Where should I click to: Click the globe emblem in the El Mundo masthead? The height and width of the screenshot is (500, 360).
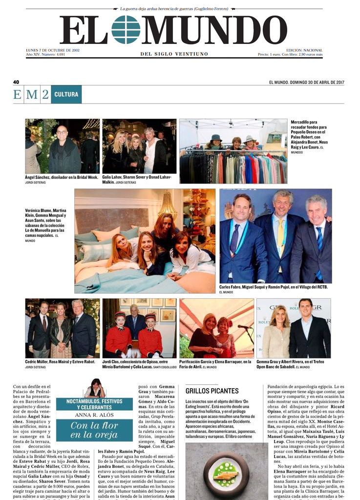[x=126, y=30]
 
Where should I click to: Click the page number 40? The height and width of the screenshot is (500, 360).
[x=16, y=82]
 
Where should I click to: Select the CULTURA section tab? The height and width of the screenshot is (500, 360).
[x=66, y=94]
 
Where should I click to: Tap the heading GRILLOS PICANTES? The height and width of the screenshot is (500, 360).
[x=212, y=391]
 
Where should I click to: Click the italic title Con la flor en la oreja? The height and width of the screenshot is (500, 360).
[x=94, y=430]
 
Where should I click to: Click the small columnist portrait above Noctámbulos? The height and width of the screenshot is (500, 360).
[x=95, y=388]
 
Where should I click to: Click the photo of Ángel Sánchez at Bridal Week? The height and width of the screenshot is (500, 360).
[x=62, y=146]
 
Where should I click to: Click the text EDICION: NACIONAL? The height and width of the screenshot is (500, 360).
[x=304, y=50]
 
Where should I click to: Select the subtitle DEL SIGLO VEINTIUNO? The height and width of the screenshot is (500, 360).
[x=174, y=54]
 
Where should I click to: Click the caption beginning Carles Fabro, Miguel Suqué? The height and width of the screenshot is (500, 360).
[x=274, y=287]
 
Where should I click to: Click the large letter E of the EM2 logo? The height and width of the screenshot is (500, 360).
[x=18, y=95]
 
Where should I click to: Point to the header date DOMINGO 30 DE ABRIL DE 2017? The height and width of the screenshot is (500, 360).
[x=306, y=82]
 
